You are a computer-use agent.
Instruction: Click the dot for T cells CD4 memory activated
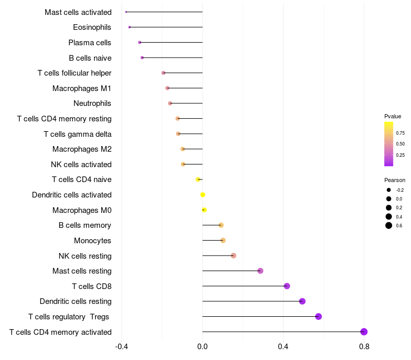[x=364, y=332]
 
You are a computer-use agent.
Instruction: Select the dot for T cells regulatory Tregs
[x=319, y=316]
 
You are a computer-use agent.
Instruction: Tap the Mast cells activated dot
[x=126, y=12]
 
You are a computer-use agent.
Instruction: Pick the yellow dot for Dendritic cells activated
[x=203, y=195]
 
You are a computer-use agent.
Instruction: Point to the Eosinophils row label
[x=92, y=27]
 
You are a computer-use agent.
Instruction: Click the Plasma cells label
[x=90, y=43]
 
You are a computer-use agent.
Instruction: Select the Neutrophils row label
[x=92, y=103]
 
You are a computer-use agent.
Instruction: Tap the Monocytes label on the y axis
[x=92, y=241]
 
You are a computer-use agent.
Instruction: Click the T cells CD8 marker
[x=287, y=286]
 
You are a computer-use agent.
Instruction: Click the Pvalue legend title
[x=393, y=116]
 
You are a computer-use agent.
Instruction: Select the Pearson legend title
[x=395, y=180]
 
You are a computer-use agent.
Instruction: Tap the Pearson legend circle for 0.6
[x=389, y=225]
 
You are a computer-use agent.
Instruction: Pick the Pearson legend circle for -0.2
[x=389, y=190]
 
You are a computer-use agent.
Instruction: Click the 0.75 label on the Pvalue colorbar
[x=400, y=133]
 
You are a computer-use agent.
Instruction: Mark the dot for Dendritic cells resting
[x=302, y=301]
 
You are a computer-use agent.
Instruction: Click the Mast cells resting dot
[x=260, y=271]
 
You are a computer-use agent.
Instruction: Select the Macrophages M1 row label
[x=82, y=88]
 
